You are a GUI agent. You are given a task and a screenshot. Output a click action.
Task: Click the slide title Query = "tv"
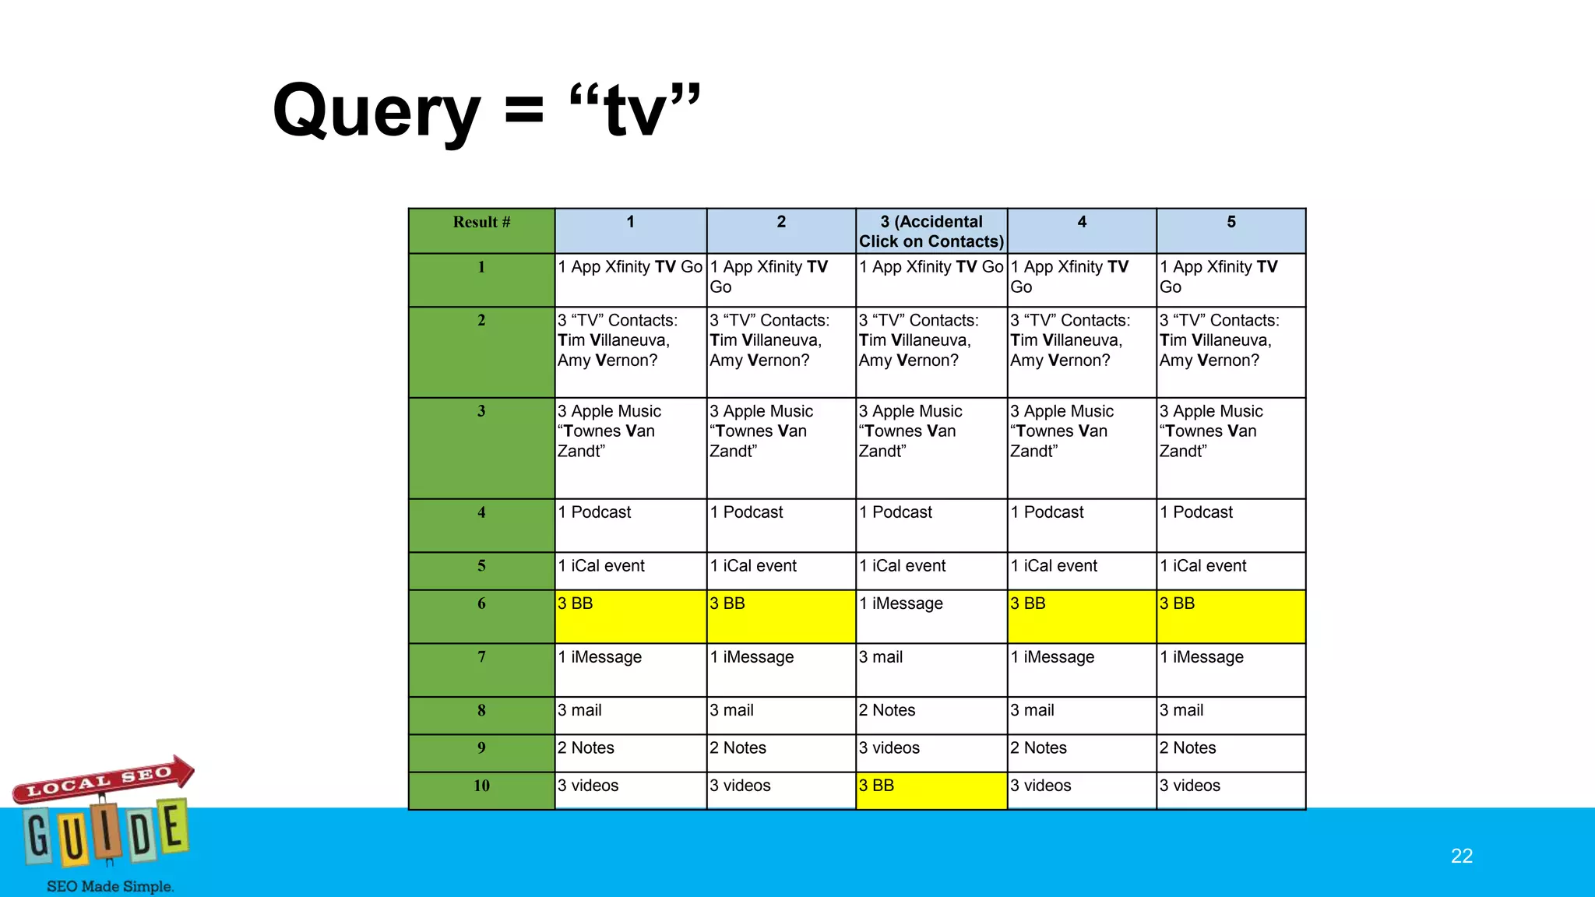point(486,111)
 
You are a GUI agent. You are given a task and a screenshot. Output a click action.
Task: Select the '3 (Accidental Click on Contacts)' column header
point(931,231)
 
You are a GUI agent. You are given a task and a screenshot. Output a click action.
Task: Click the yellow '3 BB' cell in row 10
point(931,790)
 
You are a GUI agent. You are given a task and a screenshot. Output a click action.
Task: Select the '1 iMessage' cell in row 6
point(931,616)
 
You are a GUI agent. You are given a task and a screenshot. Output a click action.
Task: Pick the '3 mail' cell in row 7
point(931,669)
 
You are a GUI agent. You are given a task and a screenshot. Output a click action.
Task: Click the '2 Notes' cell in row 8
point(931,715)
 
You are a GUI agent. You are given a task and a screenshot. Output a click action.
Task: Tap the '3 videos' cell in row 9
point(931,753)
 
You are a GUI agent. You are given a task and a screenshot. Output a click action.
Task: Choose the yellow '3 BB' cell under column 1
point(631,616)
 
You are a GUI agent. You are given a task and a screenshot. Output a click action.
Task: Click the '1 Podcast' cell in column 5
point(1231,525)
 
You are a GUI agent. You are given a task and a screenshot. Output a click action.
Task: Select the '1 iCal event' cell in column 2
point(781,570)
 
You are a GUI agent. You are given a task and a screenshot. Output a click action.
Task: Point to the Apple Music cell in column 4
point(1082,447)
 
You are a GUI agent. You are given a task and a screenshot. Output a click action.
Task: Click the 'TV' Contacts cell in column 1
point(631,351)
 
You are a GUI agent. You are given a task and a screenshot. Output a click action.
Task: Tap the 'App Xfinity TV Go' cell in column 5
point(1231,280)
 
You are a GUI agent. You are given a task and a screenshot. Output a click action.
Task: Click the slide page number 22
point(1461,856)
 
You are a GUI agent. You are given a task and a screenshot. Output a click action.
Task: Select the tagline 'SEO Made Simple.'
point(110,886)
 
